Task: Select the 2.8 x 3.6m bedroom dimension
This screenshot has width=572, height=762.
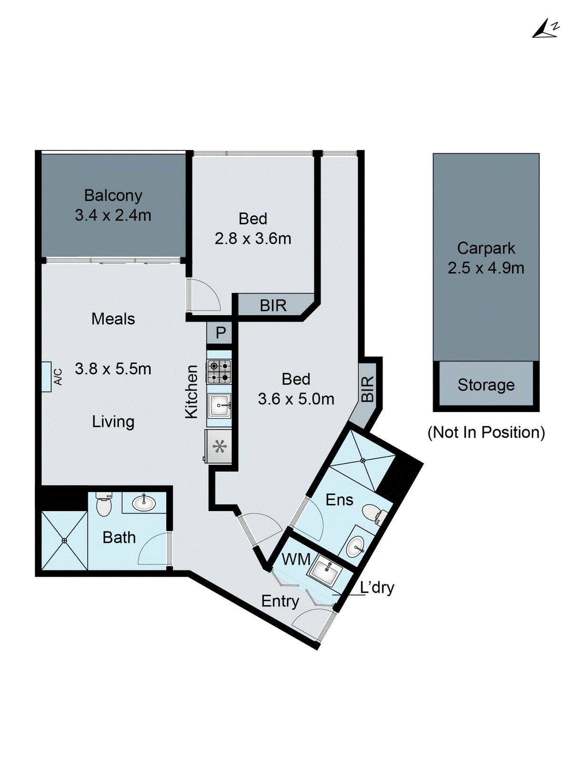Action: point(253,239)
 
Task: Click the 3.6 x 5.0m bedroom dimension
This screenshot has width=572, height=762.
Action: point(296,399)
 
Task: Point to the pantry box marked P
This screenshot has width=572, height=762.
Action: point(220,332)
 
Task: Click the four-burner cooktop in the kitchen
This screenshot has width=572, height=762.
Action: point(219,371)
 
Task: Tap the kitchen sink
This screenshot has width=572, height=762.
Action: point(219,405)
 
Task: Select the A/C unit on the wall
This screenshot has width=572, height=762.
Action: point(47,377)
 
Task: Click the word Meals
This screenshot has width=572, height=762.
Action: point(113,319)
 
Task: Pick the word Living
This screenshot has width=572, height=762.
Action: point(113,422)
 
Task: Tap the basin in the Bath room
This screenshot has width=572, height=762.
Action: point(144,503)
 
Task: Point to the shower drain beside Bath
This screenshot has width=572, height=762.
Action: point(64,541)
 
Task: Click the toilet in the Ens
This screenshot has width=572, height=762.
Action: point(374,514)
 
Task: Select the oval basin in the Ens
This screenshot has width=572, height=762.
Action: point(355,546)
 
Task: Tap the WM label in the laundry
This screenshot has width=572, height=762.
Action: point(296,559)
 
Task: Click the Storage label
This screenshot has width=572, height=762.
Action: point(486,385)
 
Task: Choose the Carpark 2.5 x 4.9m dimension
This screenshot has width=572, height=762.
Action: point(486,268)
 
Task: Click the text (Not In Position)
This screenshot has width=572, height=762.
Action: point(486,432)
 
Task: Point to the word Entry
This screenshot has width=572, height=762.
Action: point(280,602)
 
